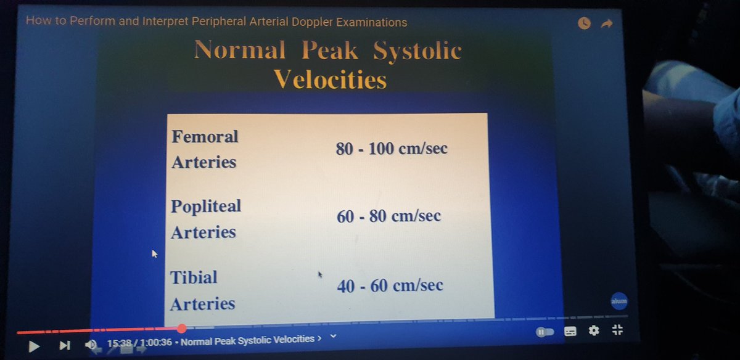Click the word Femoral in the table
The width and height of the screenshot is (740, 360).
[205, 136]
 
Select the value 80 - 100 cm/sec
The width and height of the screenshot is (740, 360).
[392, 149]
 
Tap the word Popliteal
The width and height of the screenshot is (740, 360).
[206, 206]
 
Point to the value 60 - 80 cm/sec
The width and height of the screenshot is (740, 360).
[388, 216]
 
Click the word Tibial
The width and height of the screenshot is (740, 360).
[194, 277]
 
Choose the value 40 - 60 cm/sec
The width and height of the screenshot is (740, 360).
[390, 286]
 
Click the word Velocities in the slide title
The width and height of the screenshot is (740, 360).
[330, 80]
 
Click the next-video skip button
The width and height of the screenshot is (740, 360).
[65, 346]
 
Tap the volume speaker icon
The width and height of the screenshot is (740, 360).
[91, 345]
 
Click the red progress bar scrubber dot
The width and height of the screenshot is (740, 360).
[181, 329]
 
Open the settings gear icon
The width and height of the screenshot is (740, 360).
[594, 330]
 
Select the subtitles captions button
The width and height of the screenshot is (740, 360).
[570, 331]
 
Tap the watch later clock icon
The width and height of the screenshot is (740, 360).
[584, 23]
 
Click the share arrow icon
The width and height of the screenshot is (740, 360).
[606, 23]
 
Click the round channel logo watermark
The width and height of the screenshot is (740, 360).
[619, 302]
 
